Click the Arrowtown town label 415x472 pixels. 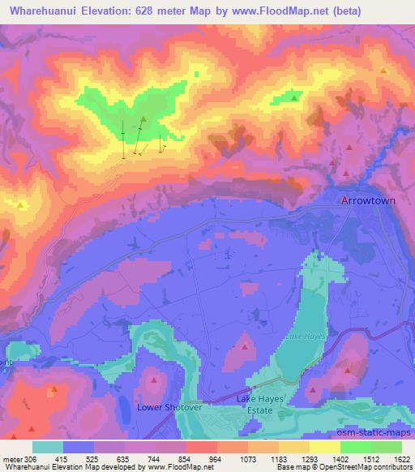click(x=367, y=200)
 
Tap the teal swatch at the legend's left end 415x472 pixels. click(x=46, y=447)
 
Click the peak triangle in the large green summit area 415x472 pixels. click(x=143, y=120)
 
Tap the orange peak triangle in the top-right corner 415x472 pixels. click(x=383, y=71)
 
